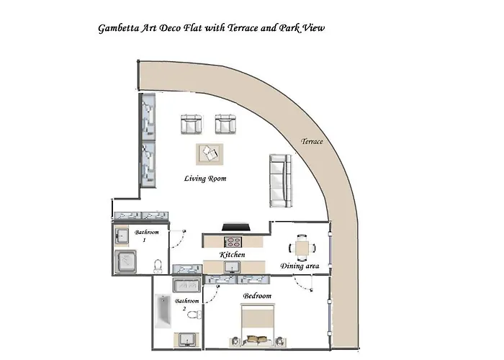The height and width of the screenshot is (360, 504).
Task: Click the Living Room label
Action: tap(205, 179)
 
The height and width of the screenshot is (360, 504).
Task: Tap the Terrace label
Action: tap(312, 141)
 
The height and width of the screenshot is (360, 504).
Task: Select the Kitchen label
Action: tap(232, 255)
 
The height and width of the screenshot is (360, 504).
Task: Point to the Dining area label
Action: tap(300, 266)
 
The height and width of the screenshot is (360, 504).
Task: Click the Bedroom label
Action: tap(257, 296)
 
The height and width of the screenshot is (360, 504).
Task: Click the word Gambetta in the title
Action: tap(119, 28)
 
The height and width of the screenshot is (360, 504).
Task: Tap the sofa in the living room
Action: tap(280, 181)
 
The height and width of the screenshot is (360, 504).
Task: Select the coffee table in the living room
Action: tap(210, 154)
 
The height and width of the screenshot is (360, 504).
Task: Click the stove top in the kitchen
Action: tap(233, 241)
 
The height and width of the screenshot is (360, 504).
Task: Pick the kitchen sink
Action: tap(232, 267)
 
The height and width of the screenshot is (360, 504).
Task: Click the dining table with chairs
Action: tap(302, 248)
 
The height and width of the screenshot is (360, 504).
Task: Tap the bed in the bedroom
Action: tap(258, 325)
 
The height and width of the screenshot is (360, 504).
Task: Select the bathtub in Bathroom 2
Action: tap(163, 311)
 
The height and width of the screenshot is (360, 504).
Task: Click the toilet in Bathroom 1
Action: tap(158, 266)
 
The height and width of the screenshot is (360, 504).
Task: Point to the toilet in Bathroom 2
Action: tap(194, 314)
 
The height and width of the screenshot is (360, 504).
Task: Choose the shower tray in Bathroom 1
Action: tap(125, 261)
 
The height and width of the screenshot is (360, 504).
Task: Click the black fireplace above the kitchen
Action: tap(236, 228)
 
